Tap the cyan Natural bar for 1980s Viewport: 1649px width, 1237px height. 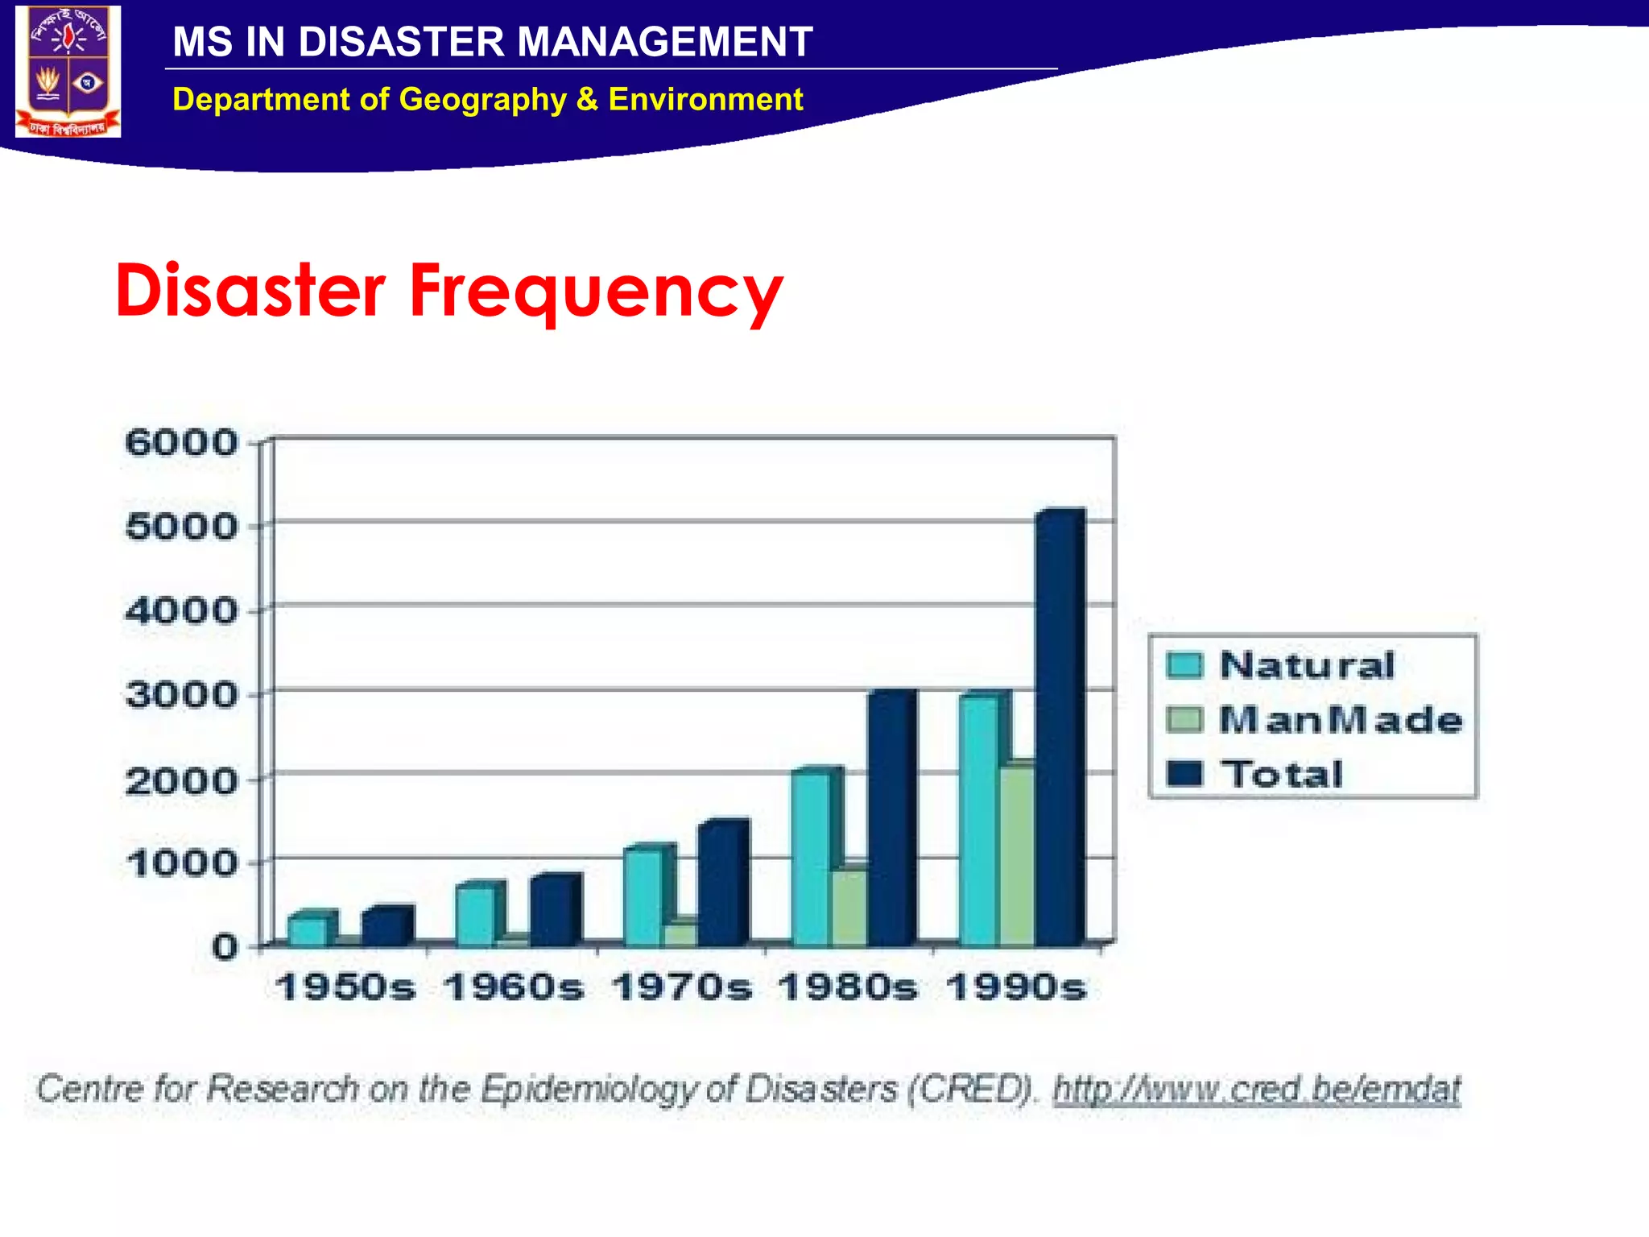[x=810, y=858]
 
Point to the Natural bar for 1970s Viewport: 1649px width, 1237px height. [x=643, y=897]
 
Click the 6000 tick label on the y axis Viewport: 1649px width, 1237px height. [x=181, y=443]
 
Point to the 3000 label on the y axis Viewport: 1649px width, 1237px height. [x=181, y=695]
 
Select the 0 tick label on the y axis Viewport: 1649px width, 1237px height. [x=225, y=947]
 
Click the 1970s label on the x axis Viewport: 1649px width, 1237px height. [x=681, y=987]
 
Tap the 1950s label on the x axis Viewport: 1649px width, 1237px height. [x=345, y=987]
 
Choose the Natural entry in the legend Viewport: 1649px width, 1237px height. [x=1306, y=665]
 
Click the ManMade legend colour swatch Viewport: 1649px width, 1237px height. [x=1184, y=720]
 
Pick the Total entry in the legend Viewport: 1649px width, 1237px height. [x=1282, y=774]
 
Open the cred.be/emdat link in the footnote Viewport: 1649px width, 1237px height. [x=1256, y=1090]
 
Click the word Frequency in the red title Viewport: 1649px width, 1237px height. [x=596, y=292]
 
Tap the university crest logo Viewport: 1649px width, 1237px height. [x=68, y=71]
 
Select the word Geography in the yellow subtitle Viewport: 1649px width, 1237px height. [x=482, y=100]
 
